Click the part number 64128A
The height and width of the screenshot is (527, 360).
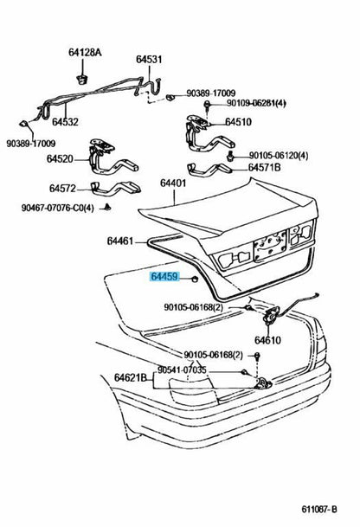tap(85, 53)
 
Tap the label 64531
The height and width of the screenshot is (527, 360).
tap(149, 59)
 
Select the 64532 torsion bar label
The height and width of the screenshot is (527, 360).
tap(65, 122)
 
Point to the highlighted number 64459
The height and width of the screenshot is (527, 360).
tap(164, 277)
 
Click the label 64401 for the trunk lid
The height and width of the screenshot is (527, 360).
tap(173, 183)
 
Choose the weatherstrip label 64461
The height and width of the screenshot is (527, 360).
tap(120, 241)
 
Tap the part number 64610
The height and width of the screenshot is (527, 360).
tap(267, 340)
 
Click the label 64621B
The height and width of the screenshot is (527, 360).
tap(131, 377)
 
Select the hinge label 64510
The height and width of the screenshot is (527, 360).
tap(238, 122)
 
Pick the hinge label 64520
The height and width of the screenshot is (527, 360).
tap(60, 158)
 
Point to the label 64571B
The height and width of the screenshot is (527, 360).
tap(264, 167)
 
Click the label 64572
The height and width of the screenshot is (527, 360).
tap(62, 189)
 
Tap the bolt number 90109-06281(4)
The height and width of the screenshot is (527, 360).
tap(256, 103)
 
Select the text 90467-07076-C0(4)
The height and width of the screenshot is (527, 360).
tap(58, 208)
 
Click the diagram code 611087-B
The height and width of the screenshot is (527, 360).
tap(319, 510)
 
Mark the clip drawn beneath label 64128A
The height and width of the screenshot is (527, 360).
tap(81, 80)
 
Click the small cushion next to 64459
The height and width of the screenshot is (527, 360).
tap(194, 279)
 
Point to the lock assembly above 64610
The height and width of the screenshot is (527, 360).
tap(270, 316)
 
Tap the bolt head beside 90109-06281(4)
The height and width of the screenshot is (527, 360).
tap(207, 105)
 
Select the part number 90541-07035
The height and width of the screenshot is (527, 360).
tap(182, 370)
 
